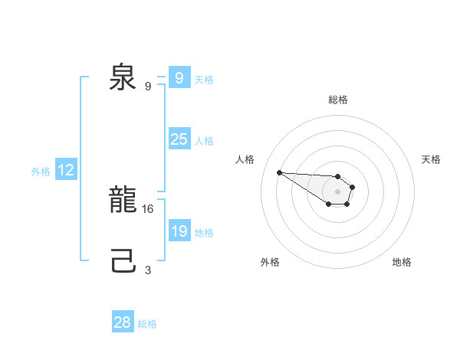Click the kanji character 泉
pos(123,78)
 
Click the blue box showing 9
pos(179,78)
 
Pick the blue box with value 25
pos(179,139)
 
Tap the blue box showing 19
pos(179,231)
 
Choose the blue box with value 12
pos(66,171)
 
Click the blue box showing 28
pos(123,322)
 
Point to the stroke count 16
pos(149,208)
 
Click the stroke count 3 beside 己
pos(148,269)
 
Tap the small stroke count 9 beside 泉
pos(148,86)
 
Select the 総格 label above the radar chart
pos(338,100)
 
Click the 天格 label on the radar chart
pos(431,159)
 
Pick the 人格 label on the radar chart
pos(245,159)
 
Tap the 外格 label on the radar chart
pos(270,262)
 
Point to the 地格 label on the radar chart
pos(402,262)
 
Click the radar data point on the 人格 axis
pos(279,172)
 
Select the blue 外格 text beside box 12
pos(41,172)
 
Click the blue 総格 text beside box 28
pos(147,323)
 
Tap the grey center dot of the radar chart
pos(338,191)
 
